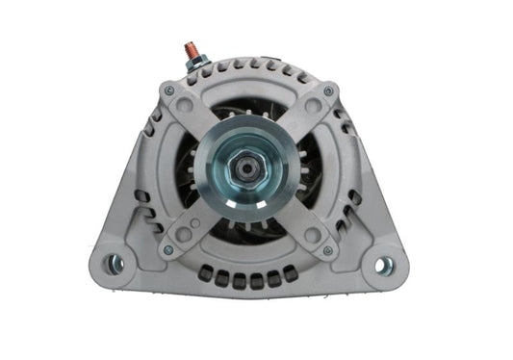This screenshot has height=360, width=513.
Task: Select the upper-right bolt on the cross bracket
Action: (x=328, y=91)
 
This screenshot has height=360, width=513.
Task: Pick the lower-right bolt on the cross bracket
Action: (x=330, y=250)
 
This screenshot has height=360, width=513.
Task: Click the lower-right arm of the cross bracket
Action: (x=306, y=223)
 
